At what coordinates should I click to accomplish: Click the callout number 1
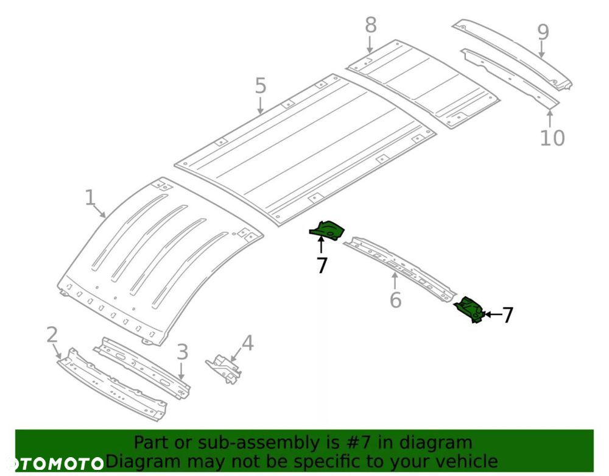90,198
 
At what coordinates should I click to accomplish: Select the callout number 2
52,334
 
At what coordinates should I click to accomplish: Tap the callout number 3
183,352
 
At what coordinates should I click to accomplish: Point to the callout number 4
247,343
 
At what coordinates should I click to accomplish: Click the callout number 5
261,86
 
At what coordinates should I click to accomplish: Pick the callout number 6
395,300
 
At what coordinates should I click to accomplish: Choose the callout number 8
371,26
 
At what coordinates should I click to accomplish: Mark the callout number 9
543,32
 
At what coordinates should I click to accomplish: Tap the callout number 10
552,138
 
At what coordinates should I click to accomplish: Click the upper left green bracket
328,230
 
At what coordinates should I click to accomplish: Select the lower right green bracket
471,308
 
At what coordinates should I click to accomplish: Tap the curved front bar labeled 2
113,387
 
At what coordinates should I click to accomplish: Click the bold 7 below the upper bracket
322,265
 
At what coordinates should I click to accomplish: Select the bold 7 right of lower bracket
507,315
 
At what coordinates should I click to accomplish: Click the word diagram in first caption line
431,442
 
